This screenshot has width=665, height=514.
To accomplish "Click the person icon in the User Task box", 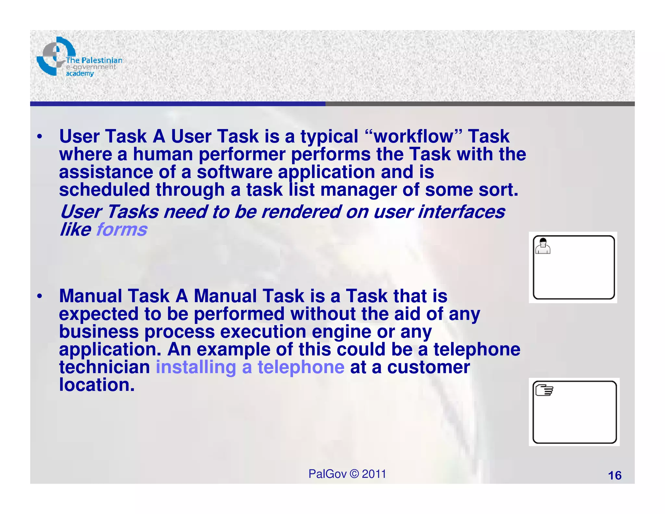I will [543, 246].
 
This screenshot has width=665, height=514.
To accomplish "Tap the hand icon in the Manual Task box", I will [544, 390].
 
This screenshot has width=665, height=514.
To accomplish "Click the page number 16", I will [614, 475].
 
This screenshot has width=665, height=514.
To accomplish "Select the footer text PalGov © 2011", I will [347, 474].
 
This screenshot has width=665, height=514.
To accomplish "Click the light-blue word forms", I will [121, 229].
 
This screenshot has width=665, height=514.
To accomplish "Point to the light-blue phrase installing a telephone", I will [250, 367].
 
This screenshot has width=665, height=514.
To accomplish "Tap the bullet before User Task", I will [40, 137].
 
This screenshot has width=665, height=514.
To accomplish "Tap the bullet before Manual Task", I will [40, 296].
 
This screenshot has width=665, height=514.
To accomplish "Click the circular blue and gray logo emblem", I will [54, 56].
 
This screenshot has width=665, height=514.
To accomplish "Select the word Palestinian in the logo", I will [102, 60].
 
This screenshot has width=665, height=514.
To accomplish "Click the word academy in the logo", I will [80, 74].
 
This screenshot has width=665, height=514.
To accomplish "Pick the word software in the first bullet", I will [234, 172].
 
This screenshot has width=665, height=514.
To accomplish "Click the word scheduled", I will [104, 190].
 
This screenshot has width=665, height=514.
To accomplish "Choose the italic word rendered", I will [301, 212].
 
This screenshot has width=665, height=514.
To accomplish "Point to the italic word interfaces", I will [461, 212].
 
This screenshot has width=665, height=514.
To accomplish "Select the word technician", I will [104, 367].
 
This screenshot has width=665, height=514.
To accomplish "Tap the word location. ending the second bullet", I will [97, 385].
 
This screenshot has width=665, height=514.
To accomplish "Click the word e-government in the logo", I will [91, 67].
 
